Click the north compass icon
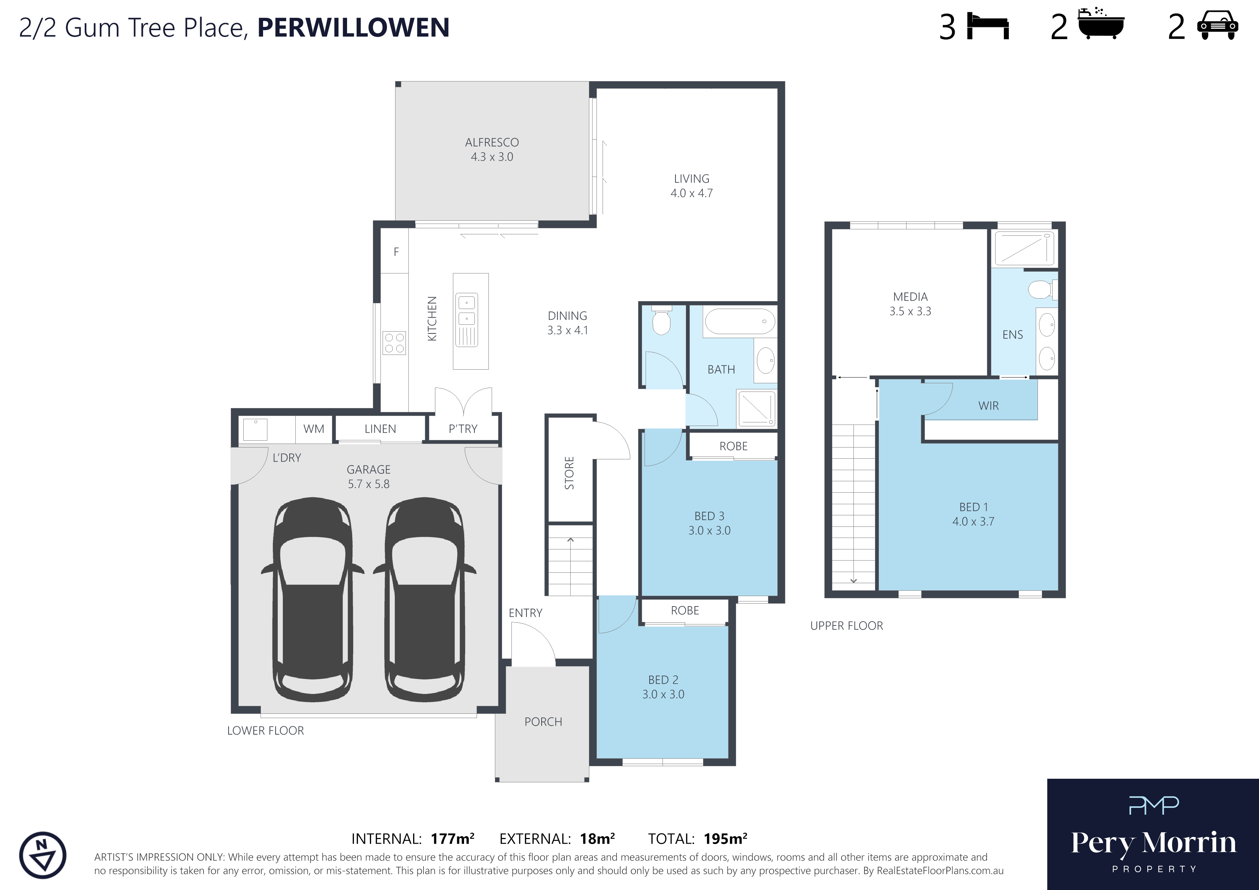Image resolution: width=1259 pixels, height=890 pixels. click(43, 856)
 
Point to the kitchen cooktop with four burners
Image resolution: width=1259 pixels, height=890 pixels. click(394, 343)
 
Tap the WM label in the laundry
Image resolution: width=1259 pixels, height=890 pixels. click(314, 429)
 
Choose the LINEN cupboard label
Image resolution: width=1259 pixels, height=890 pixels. click(380, 429)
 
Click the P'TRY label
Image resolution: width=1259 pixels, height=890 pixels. click(463, 429)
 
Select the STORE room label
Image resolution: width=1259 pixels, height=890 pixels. click(569, 473)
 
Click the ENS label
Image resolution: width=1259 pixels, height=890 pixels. click(1012, 334)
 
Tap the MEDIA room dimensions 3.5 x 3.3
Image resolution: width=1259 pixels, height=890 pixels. click(910, 311)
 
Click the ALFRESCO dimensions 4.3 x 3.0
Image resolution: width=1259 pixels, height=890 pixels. click(492, 157)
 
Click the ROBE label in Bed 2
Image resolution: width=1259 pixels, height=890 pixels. click(685, 610)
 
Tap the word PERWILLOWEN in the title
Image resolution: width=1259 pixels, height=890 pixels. click(353, 27)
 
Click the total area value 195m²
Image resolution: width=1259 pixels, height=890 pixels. click(725, 838)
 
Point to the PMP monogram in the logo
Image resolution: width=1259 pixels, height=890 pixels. click(1153, 805)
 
